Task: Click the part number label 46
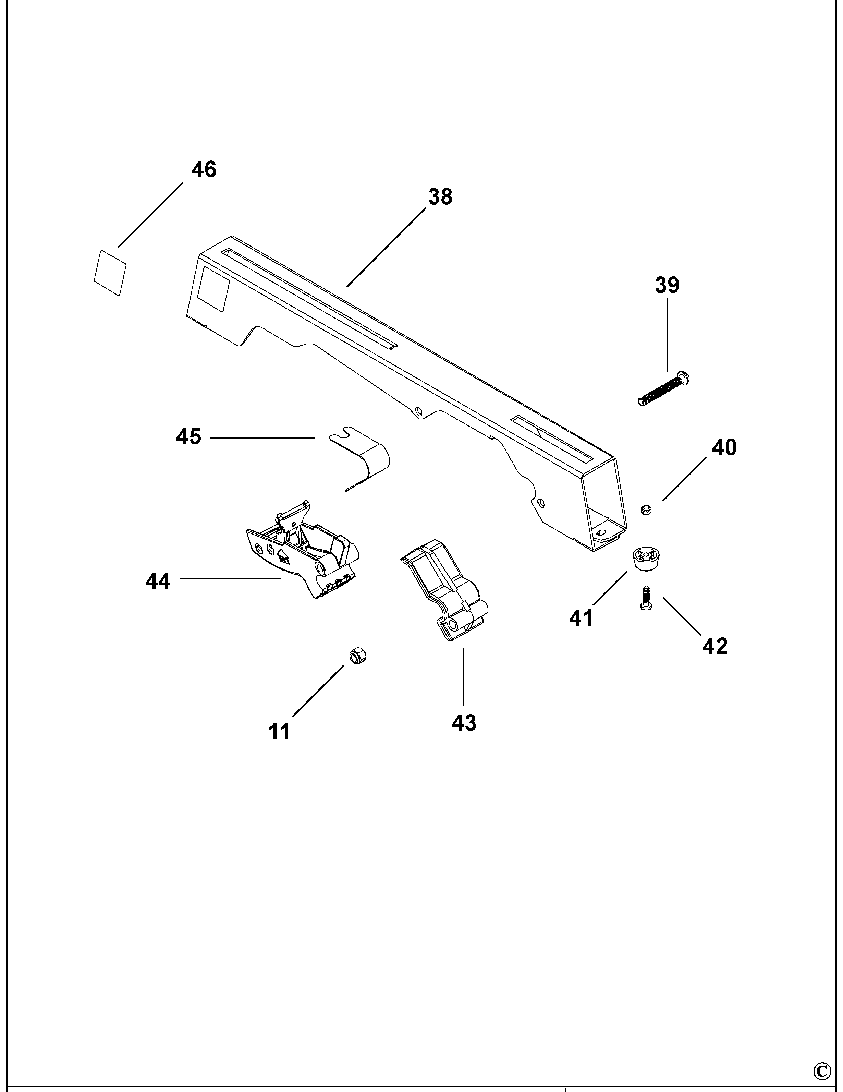point(204,169)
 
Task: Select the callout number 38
point(440,197)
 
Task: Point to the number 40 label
point(724,447)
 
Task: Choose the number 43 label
point(464,723)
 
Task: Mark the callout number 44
point(158,581)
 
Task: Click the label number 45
point(188,436)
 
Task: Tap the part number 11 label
point(279,732)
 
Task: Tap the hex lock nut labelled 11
point(354,656)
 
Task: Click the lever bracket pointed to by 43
point(445,590)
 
